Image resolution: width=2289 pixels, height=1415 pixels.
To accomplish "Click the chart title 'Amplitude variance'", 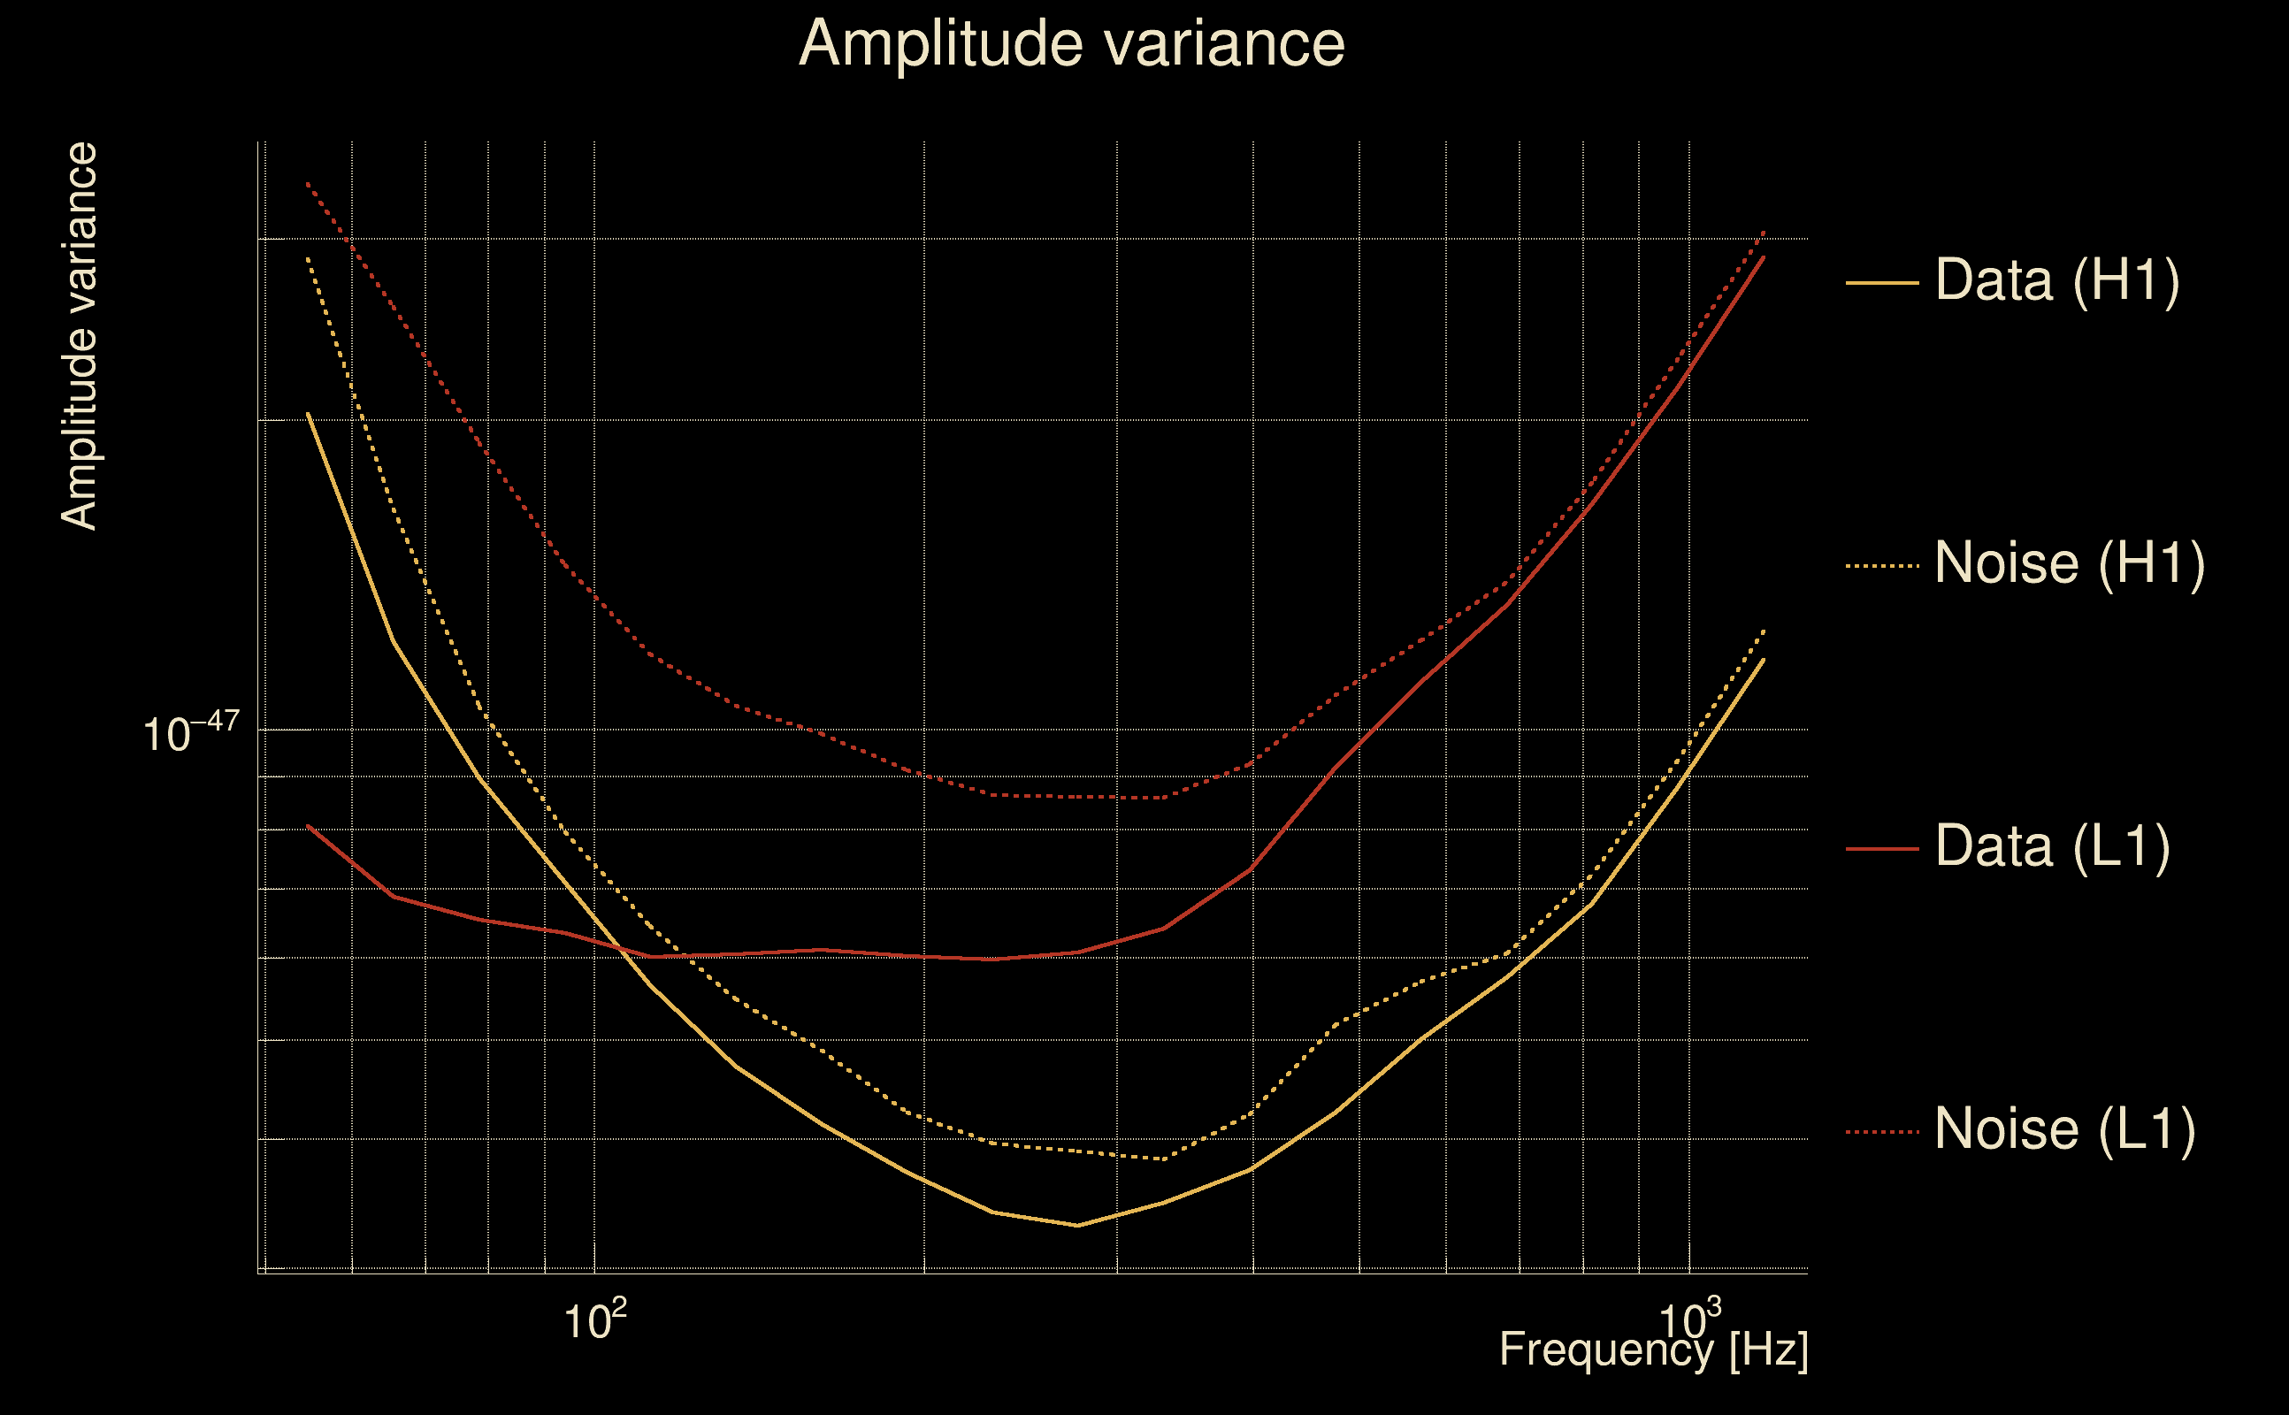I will (1070, 44).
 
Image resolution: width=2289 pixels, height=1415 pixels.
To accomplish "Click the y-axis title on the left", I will (79, 337).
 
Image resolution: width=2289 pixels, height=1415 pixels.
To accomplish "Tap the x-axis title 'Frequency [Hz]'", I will (1653, 1350).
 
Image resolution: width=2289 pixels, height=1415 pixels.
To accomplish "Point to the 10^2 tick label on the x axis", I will (594, 1320).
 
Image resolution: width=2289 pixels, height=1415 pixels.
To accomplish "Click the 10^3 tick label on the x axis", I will (1688, 1320).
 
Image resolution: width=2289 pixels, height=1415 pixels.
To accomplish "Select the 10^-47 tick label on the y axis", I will (191, 732).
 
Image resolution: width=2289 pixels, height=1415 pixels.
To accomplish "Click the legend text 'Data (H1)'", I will (2057, 279).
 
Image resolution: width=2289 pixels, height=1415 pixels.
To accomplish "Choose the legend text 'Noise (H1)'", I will (2069, 563).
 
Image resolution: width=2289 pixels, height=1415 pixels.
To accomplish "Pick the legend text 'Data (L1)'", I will (2052, 846).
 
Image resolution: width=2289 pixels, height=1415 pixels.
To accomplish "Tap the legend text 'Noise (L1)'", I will (2064, 1129).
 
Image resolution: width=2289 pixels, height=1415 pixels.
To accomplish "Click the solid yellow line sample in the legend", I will (1882, 282).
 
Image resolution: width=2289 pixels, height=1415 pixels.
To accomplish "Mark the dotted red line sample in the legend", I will (1882, 1131).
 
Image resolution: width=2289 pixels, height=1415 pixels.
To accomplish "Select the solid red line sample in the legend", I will (1882, 849).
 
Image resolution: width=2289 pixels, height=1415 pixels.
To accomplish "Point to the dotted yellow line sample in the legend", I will (1882, 565).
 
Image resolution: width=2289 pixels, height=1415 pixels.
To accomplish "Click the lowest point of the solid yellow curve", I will (1078, 1225).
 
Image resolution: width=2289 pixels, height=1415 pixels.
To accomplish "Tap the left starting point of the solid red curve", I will (308, 825).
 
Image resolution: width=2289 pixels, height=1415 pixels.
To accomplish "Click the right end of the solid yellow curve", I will (1764, 660).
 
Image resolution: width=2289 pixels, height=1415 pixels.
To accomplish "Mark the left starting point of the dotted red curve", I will (308, 183).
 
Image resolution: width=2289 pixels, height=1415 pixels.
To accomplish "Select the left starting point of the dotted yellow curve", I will (308, 258).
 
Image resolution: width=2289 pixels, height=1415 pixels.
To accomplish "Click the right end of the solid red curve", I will (1764, 256).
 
